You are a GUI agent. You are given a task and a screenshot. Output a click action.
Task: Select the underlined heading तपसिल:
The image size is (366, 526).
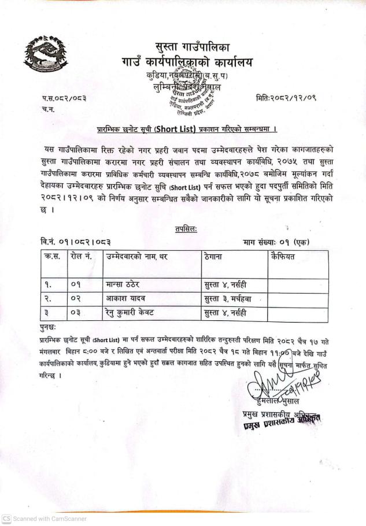185,230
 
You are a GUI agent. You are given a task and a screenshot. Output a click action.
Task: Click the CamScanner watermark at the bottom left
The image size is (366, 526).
45,518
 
